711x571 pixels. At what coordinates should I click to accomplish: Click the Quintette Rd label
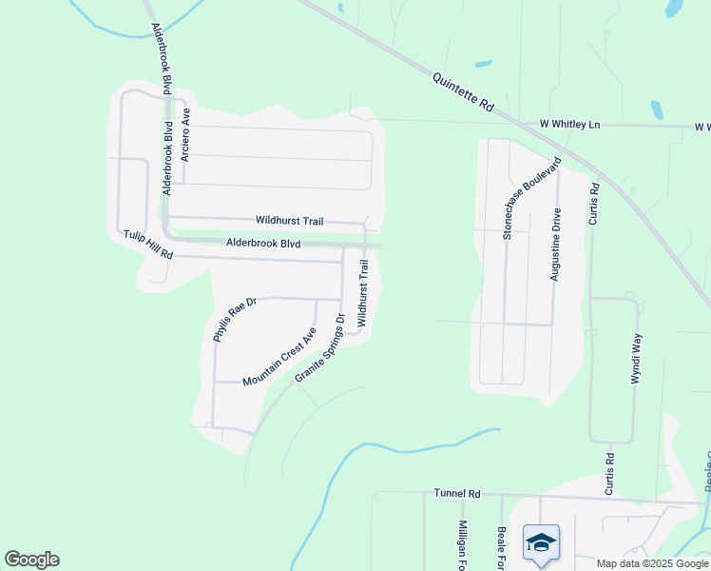pyautogui.click(x=463, y=94)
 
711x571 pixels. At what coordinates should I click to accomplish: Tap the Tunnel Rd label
pyautogui.click(x=458, y=494)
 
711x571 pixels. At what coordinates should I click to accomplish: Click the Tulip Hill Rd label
pyautogui.click(x=147, y=245)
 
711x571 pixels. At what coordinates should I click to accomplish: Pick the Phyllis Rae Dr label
pyautogui.click(x=235, y=320)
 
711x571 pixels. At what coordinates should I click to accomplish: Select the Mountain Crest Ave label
pyautogui.click(x=279, y=357)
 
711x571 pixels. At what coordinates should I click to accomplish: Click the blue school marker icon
pyautogui.click(x=541, y=542)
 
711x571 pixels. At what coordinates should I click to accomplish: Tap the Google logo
pyautogui.click(x=31, y=560)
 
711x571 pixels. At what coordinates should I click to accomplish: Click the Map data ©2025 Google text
pyautogui.click(x=651, y=563)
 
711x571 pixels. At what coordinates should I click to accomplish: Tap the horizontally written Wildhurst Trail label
pyautogui.click(x=290, y=220)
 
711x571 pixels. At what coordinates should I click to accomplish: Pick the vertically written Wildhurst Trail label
pyautogui.click(x=362, y=294)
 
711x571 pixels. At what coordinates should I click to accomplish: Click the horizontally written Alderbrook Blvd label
pyautogui.click(x=263, y=244)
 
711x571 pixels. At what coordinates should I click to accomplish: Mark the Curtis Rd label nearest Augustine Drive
pyautogui.click(x=595, y=204)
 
